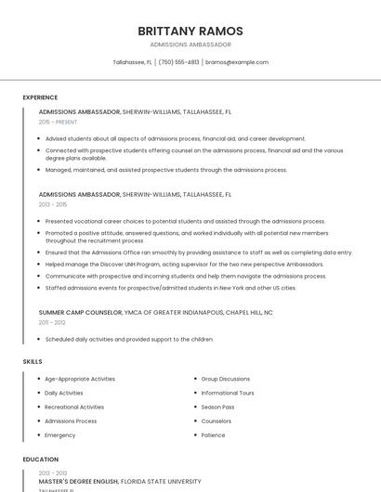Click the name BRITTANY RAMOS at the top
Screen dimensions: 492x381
190,31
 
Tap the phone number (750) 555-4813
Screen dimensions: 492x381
178,62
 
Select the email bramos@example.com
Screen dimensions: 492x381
237,62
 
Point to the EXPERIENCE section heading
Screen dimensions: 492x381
40,97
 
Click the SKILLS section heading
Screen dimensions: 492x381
33,361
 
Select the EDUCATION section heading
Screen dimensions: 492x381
40,460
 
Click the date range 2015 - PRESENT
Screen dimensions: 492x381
58,122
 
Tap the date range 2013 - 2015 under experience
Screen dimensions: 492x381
53,204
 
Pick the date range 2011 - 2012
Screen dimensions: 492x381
52,322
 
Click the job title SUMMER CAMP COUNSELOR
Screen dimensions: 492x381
80,313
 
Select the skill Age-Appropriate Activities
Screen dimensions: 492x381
80,379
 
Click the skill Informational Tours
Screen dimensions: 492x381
228,393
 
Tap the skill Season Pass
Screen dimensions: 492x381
217,407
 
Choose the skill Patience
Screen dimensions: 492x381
213,434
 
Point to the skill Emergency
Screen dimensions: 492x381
60,434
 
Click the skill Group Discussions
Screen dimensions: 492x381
226,379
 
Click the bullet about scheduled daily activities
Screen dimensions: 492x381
129,340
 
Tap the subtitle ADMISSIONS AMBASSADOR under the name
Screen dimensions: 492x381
190,45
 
